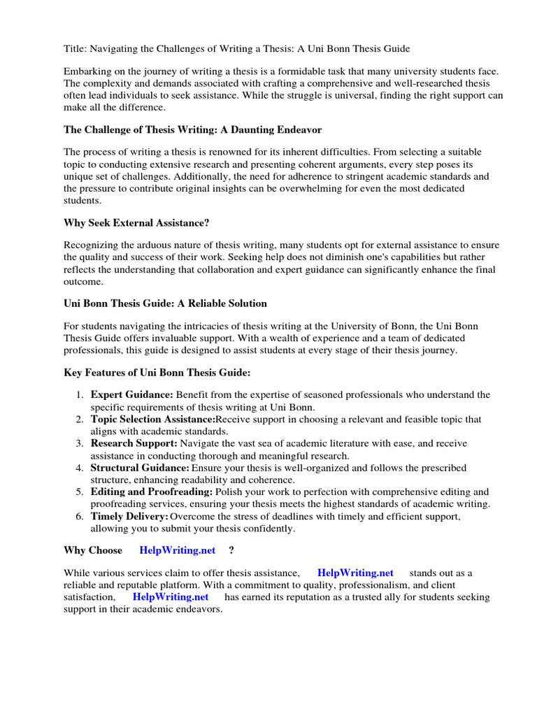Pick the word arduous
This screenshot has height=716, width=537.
pos(155,245)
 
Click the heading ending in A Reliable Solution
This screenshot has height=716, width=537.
pos(165,303)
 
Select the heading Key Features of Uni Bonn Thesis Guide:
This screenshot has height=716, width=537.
pos(157,373)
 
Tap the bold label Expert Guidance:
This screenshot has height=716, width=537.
pos(131,395)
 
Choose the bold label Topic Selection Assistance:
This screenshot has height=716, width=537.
pos(152,420)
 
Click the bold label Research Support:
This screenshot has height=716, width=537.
pos(134,443)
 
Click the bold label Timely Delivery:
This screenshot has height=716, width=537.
pos(129,516)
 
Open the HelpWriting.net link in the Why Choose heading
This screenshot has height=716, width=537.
pos(178,550)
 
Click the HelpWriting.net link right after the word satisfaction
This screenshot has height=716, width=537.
pos(171,596)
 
